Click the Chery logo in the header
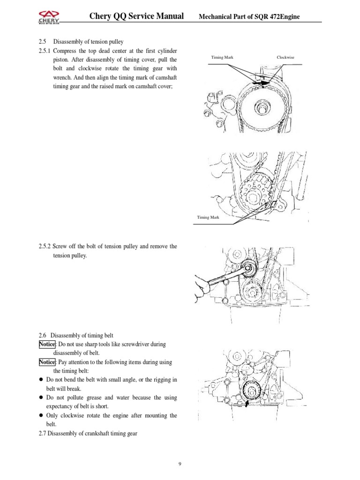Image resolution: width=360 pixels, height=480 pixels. click(x=48, y=17)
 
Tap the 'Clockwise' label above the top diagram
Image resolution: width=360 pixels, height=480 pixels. click(x=285, y=58)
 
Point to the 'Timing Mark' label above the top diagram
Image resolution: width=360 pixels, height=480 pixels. click(x=222, y=58)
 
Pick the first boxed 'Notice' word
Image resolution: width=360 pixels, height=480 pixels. click(x=47, y=344)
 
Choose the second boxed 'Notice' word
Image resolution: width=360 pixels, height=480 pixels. click(x=47, y=362)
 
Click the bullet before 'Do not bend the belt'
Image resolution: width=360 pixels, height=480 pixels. click(x=41, y=380)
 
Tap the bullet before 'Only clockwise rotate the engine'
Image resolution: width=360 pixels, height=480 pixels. click(x=41, y=415)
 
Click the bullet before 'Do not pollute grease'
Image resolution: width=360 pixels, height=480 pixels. click(x=41, y=397)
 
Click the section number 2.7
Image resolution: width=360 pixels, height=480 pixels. click(x=43, y=433)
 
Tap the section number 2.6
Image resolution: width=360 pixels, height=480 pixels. click(x=43, y=335)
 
